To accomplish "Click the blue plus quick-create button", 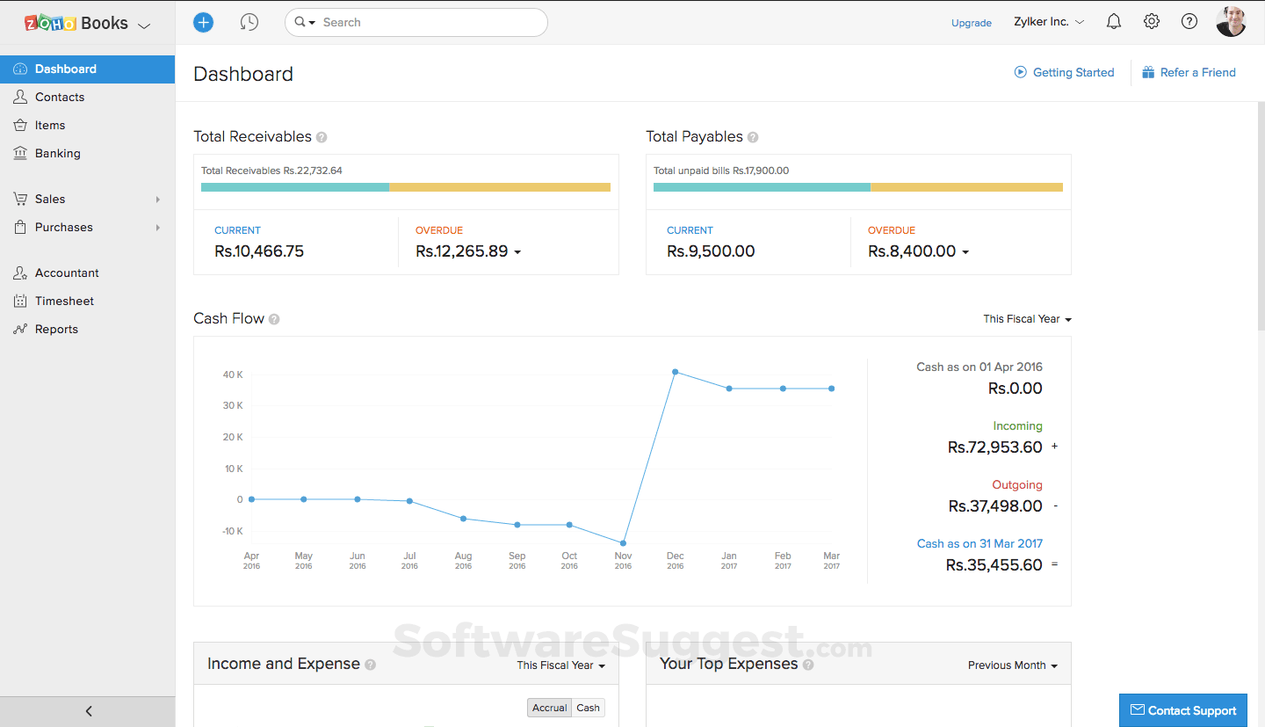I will point(203,23).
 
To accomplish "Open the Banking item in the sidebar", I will point(57,153).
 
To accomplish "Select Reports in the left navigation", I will point(56,329).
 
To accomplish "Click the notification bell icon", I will point(1114,22).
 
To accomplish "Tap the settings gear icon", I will point(1152,22).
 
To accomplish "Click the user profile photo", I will point(1231,22).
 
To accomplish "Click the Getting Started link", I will point(1073,72).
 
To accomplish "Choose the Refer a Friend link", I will point(1197,72).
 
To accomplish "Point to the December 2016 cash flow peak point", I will point(675,372).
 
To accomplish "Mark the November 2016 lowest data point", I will point(623,543).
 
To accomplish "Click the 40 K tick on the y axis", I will point(233,374).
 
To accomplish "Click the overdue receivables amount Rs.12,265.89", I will point(462,251).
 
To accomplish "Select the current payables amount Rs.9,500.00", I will point(711,251).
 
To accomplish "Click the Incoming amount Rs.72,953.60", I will point(994,447).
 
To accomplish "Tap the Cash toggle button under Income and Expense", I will point(588,708).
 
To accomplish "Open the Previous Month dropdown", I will point(1012,665).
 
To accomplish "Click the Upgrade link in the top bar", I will point(971,23).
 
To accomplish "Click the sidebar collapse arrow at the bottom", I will point(88,711).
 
